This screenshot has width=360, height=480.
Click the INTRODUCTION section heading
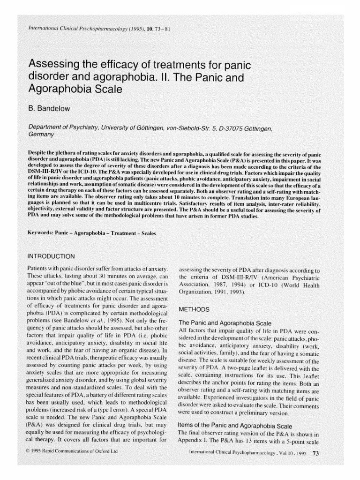pos(52,256)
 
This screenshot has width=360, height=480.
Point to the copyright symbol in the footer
pos(31,451)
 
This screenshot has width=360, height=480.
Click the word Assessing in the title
pos(57,63)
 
